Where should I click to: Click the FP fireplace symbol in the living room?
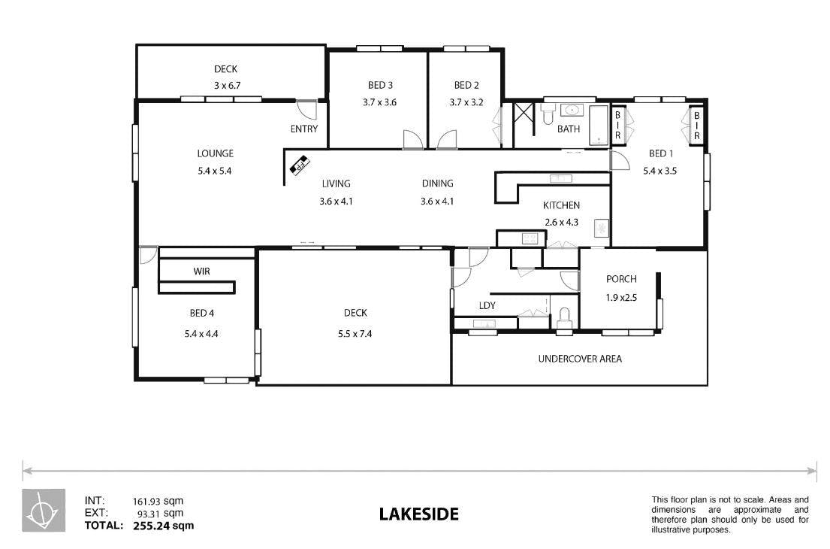[x=300, y=164]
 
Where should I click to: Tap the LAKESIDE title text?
[x=418, y=514]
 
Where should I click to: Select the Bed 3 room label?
[x=380, y=85]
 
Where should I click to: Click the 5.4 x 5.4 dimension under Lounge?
[x=214, y=171]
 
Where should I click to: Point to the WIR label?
[x=201, y=271]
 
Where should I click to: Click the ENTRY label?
[x=304, y=129]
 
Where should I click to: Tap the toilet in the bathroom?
[x=548, y=114]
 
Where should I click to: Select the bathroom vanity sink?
[x=572, y=111]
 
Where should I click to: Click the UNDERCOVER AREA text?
[x=580, y=359]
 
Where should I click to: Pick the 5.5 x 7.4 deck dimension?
[x=355, y=333]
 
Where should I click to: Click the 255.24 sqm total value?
[x=164, y=526]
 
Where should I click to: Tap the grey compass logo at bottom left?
[x=44, y=510]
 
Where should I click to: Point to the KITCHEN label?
[x=561, y=205]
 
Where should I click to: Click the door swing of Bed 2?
[x=447, y=139]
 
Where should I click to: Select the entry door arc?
[x=306, y=109]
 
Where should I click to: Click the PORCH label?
[x=621, y=279]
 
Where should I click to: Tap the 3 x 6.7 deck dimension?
[x=227, y=85]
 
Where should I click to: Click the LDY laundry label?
[x=487, y=306]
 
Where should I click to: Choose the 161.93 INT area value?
[x=146, y=502]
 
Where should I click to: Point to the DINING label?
[x=437, y=184]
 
